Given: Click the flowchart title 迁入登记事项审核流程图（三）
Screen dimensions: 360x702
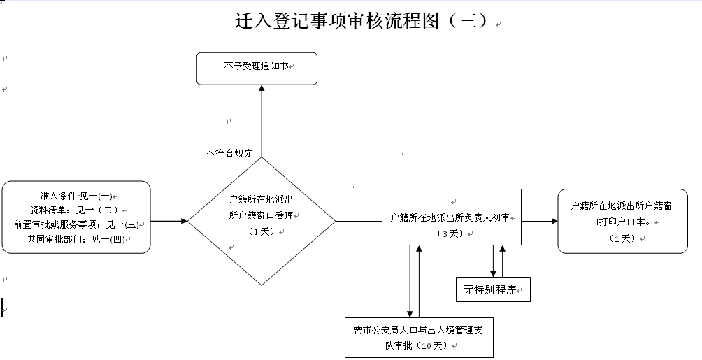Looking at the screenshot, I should click(361, 20).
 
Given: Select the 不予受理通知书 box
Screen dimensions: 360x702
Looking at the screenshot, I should click(257, 69).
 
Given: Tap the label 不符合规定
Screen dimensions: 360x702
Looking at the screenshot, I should click(229, 152).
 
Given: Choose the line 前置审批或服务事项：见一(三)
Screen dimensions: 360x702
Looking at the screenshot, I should click(77, 224).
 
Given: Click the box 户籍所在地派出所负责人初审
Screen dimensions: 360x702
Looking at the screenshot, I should click(451, 217).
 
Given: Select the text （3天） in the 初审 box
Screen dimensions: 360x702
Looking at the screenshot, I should click(452, 233).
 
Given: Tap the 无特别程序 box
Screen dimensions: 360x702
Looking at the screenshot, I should click(492, 289).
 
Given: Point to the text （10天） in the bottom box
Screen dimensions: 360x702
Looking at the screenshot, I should click(428, 345).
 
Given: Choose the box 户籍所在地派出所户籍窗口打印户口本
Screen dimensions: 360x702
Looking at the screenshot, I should click(622, 221).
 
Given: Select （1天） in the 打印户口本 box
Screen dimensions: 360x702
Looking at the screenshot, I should click(622, 238).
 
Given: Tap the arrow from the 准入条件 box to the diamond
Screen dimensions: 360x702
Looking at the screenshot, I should click(169, 221).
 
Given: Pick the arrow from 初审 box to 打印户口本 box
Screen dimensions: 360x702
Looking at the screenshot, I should click(540, 221).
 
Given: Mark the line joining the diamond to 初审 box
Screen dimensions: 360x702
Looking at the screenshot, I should click(358, 221).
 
